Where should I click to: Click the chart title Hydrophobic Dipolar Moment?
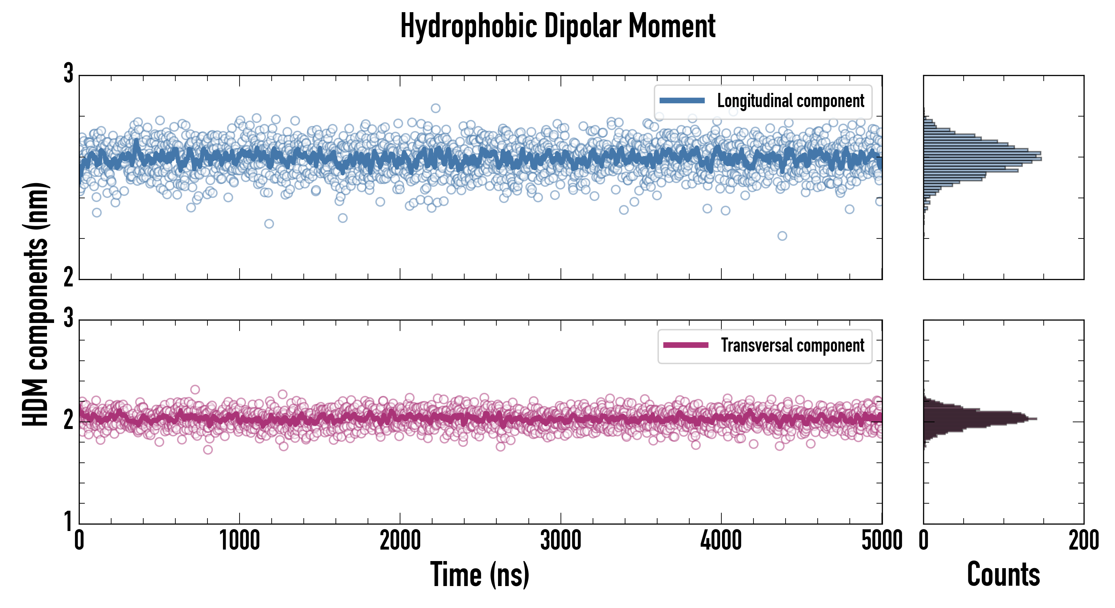(557, 26)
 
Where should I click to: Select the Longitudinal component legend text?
(790, 101)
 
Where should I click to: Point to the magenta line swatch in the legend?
(686, 345)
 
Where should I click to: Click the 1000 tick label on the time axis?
(239, 541)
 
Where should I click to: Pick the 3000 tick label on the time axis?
(561, 541)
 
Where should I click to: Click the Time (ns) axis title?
(479, 574)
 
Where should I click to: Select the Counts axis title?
(1003, 574)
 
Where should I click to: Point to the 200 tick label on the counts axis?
(1083, 541)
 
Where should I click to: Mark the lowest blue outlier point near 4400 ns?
(782, 236)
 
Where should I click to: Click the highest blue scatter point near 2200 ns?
(436, 108)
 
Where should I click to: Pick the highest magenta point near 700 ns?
(195, 389)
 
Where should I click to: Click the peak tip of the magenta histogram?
(1036, 419)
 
